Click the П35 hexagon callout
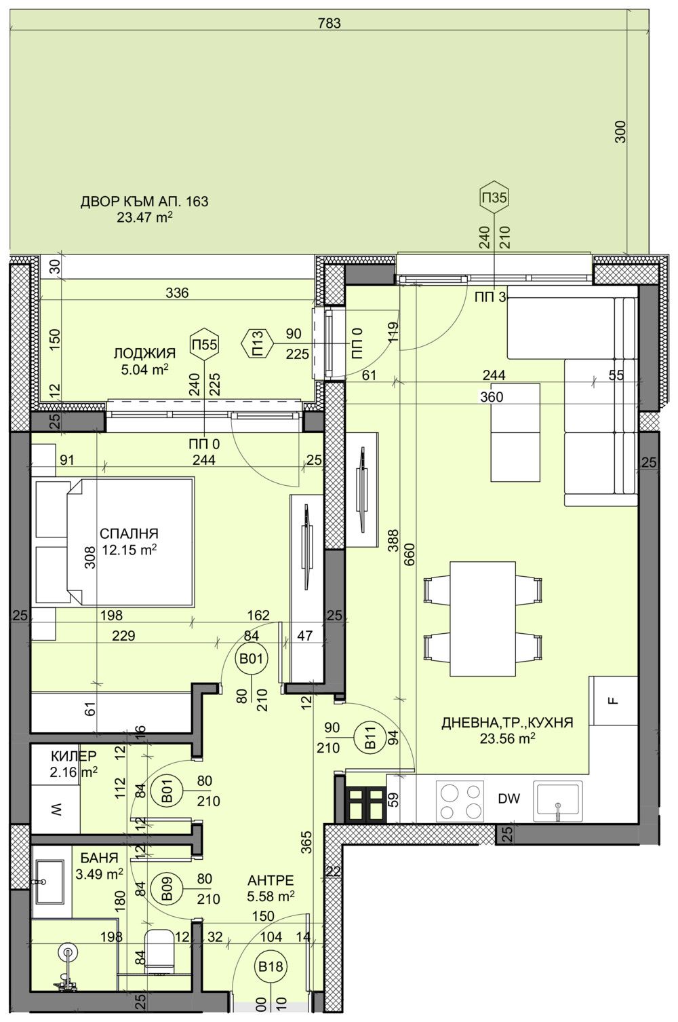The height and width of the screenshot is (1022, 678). coord(494,198)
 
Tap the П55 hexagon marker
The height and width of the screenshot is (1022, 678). coord(204,344)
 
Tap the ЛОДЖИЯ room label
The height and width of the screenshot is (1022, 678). coord(144,354)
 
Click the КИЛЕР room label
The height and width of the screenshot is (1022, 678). coord(74,756)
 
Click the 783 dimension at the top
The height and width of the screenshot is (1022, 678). coord(329,23)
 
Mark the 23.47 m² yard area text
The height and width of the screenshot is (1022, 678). coord(144,217)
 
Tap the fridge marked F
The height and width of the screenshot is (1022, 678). coord(614,701)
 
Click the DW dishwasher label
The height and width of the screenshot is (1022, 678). coord(509,799)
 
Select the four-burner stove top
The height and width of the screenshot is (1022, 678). coord(459,801)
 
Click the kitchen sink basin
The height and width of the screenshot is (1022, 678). coord(558,800)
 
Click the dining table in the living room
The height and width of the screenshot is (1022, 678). coord(482,618)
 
